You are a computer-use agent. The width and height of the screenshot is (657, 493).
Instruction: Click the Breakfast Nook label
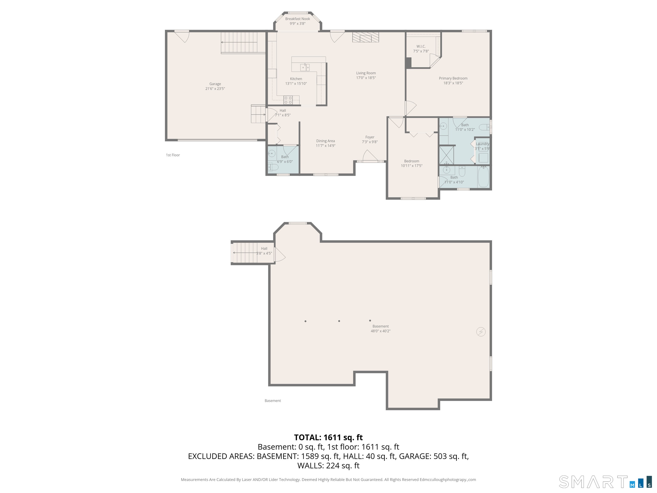click(298, 19)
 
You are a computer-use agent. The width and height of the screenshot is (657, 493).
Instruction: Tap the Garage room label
click(215, 84)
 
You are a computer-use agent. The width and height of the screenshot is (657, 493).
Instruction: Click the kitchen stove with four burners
click(288, 100)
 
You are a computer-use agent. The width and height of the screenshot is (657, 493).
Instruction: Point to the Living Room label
click(366, 73)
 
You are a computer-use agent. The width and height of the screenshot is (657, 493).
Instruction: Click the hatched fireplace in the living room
click(366, 37)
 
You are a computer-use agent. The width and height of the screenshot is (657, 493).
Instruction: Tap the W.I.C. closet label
click(421, 46)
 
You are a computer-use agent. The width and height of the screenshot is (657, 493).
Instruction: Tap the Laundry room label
click(482, 144)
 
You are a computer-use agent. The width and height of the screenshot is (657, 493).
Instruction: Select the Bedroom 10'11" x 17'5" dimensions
click(412, 166)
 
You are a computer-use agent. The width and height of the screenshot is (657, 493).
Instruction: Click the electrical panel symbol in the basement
click(481, 332)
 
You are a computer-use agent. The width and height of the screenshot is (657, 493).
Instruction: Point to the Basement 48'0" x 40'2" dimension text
click(380, 331)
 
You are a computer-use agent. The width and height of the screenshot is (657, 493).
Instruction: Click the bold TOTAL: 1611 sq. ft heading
click(328, 437)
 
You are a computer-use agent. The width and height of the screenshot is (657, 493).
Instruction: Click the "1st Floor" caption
click(173, 155)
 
